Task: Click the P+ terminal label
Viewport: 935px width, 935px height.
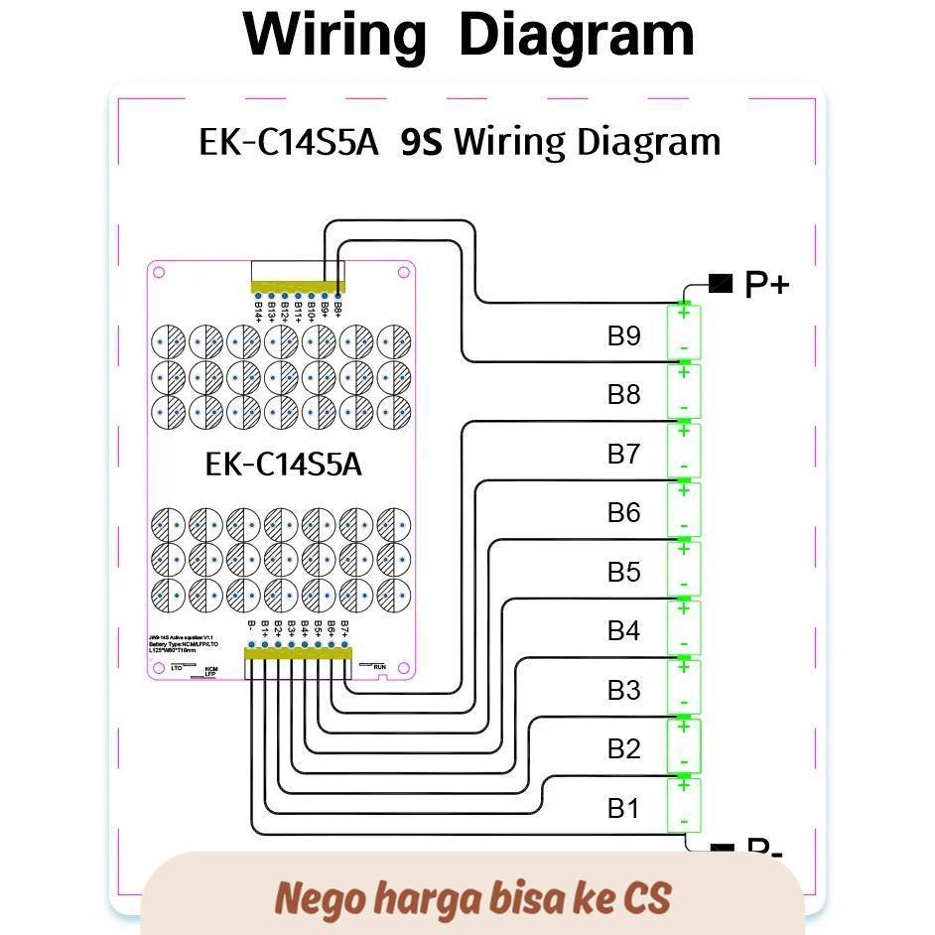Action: pyautogui.click(x=766, y=285)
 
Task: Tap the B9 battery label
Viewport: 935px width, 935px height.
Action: pyautogui.click(x=624, y=335)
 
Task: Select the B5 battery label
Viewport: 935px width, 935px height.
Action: pyautogui.click(x=624, y=572)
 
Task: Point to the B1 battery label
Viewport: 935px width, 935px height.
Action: pyautogui.click(x=624, y=808)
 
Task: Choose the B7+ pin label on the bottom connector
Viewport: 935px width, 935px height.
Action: pyautogui.click(x=344, y=629)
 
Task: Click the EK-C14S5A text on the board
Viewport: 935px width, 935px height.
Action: pyautogui.click(x=283, y=464)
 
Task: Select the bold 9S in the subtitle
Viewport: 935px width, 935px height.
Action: pyautogui.click(x=421, y=142)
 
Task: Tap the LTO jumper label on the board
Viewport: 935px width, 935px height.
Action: pyautogui.click(x=177, y=669)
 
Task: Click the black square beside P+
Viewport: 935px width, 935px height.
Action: pyautogui.click(x=721, y=285)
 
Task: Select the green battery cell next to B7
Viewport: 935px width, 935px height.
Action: pyautogui.click(x=684, y=453)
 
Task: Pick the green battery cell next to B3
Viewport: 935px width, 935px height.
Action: pyautogui.click(x=684, y=689)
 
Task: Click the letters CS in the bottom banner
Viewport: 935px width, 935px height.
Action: pyautogui.click(x=646, y=898)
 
